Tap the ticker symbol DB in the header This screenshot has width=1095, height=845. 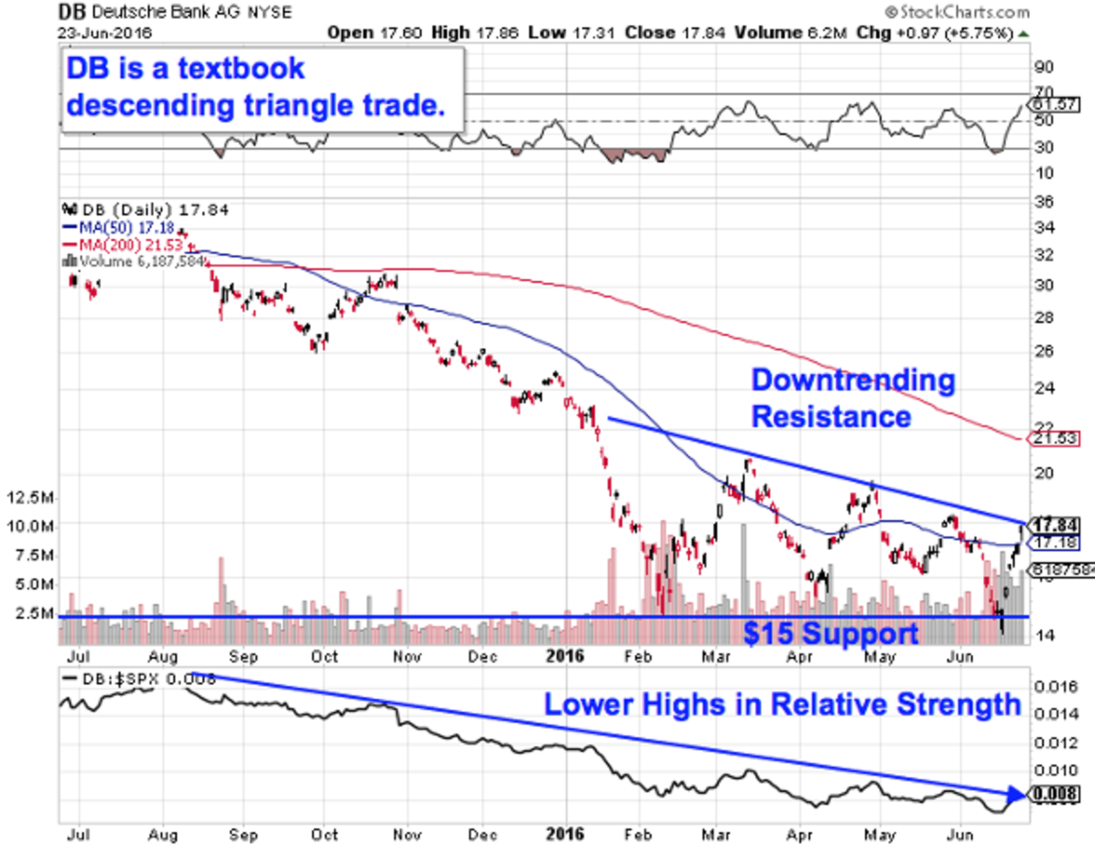[x=70, y=14]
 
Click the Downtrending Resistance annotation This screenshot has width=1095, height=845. [x=851, y=399]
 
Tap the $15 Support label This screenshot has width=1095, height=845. [x=829, y=634]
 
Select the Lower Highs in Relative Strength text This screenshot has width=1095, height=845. [x=782, y=704]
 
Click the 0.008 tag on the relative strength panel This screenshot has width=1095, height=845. [x=1049, y=794]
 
